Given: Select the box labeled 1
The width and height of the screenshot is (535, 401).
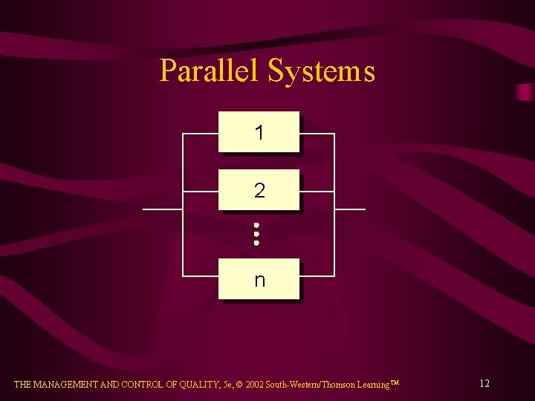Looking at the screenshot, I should [x=259, y=132].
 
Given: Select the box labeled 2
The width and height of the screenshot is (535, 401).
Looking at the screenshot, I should [x=259, y=190].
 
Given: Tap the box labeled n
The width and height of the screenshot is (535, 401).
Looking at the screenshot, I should [x=259, y=279].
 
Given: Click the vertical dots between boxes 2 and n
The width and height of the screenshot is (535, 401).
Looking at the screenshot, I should [x=256, y=233].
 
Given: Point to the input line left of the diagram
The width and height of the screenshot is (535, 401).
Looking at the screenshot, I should [x=162, y=209].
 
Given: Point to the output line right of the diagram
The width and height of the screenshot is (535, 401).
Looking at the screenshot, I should [x=350, y=209].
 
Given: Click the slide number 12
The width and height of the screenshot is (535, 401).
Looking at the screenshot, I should [x=484, y=384].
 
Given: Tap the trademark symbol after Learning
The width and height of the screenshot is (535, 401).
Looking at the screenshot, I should [x=395, y=383].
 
